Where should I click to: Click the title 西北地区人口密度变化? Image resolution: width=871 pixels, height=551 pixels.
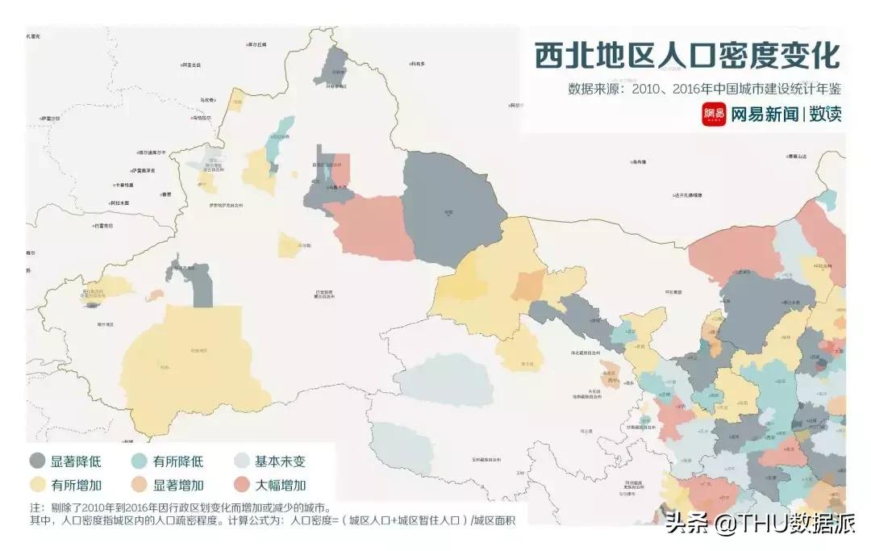tap(686, 56)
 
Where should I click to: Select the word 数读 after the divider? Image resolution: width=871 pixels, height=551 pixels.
tap(826, 115)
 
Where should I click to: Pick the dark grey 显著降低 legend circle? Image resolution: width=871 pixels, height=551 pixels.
tap(37, 461)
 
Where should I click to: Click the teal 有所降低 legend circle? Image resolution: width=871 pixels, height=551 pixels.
tap(140, 461)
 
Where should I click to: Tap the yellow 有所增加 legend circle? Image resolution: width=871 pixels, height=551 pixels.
tap(37, 485)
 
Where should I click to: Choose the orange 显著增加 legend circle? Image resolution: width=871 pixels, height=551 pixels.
tap(140, 485)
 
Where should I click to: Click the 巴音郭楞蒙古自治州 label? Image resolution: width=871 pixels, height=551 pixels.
tap(325, 294)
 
